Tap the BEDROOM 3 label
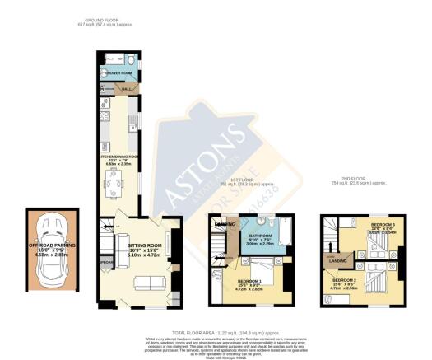coord(383,225)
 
